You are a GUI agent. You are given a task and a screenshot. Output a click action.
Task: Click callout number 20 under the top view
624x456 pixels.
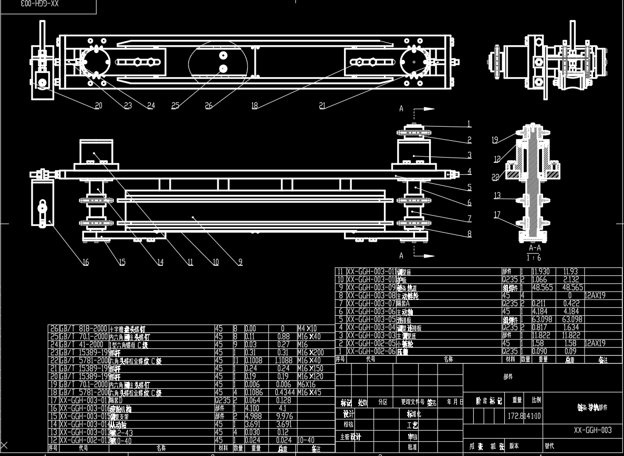click(x=98, y=106)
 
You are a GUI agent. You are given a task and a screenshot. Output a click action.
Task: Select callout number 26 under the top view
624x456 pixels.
click(x=209, y=106)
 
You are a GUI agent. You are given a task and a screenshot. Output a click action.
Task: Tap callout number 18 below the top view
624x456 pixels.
click(x=255, y=106)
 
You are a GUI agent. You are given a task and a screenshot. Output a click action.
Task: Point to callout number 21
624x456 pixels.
click(x=322, y=106)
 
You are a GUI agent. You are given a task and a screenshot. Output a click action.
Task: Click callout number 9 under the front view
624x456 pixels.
click(x=240, y=262)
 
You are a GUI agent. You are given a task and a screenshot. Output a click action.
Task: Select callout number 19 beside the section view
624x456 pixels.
click(x=494, y=140)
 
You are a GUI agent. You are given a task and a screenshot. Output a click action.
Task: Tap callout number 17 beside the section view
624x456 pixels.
click(x=497, y=214)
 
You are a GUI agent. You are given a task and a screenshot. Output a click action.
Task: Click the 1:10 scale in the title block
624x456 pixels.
click(x=535, y=416)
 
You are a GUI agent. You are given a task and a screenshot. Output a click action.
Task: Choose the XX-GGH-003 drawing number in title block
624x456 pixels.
click(x=592, y=430)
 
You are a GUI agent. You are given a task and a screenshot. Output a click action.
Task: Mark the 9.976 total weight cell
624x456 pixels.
click(x=282, y=417)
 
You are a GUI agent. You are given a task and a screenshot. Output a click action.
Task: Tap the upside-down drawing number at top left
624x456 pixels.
click(x=40, y=4)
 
